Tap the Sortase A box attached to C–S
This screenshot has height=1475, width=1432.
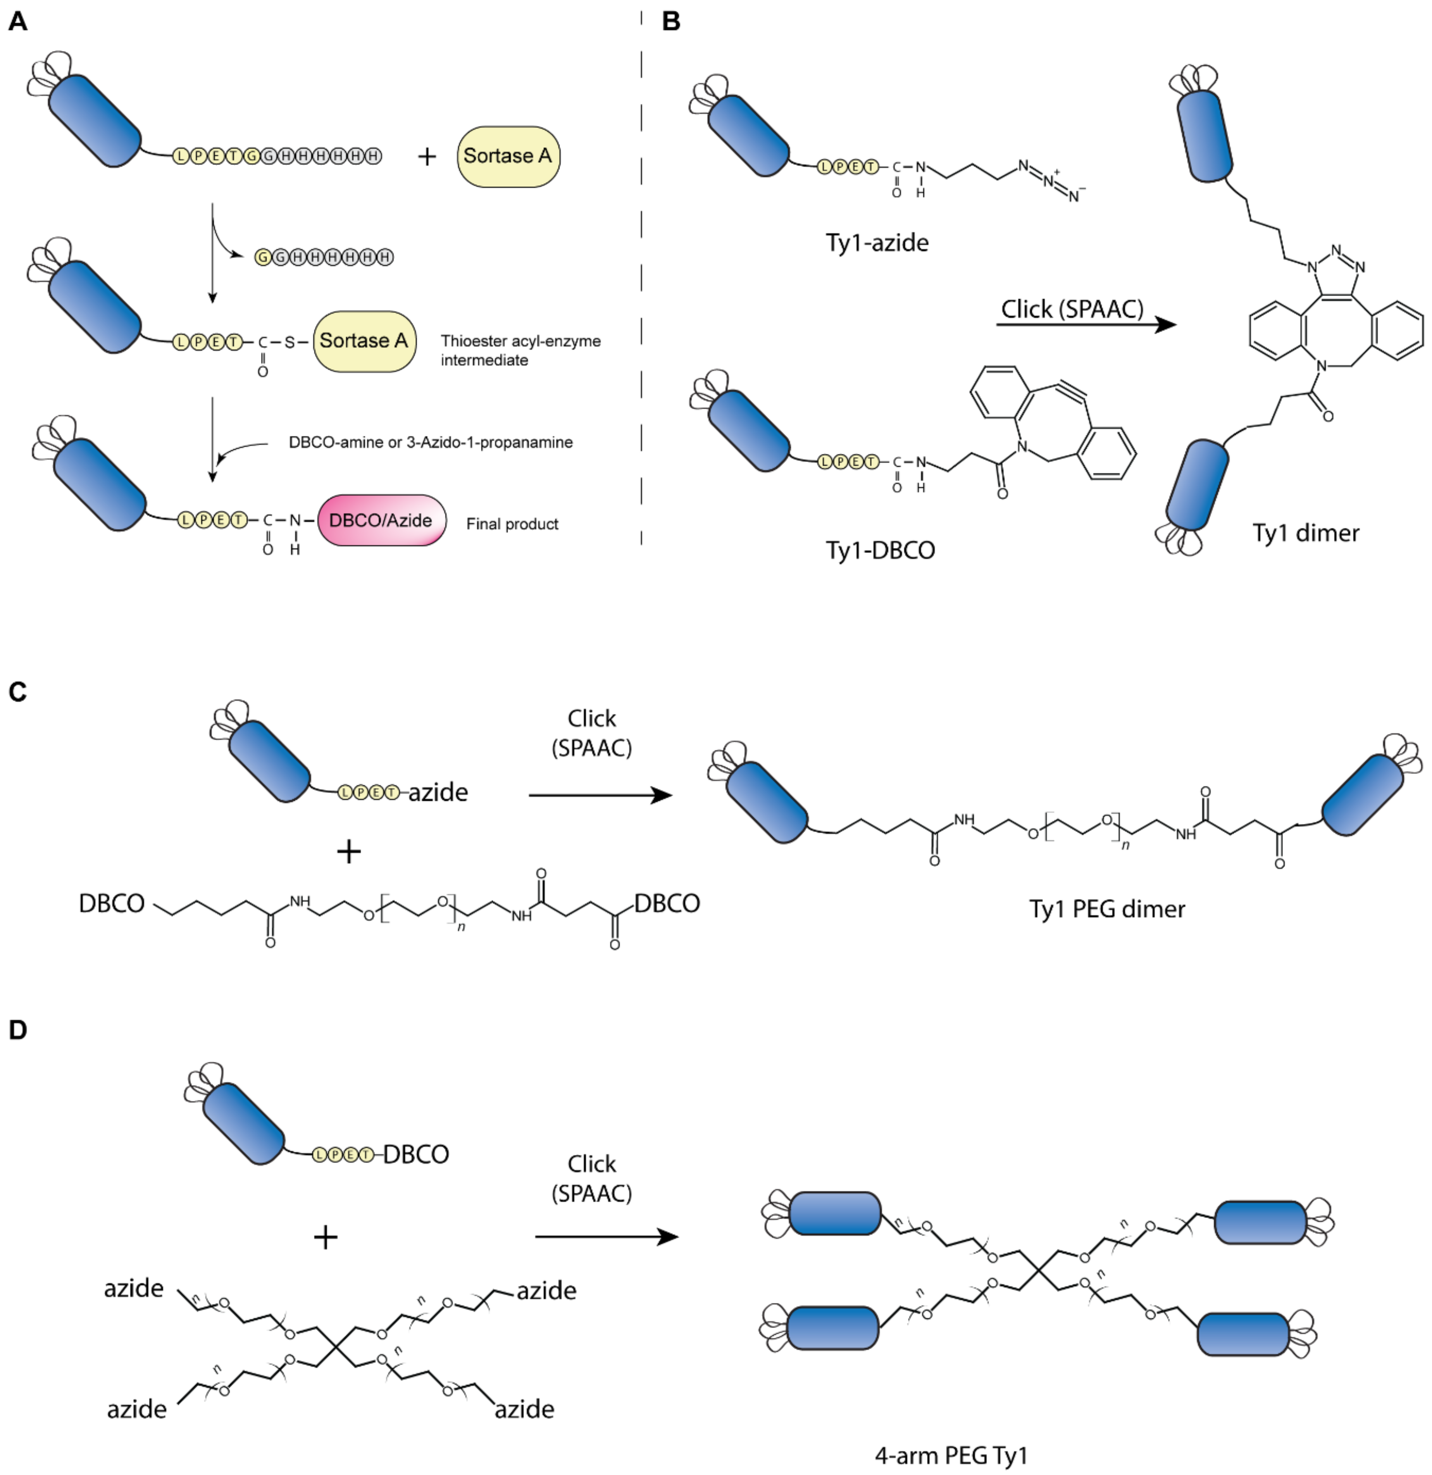pos(364,341)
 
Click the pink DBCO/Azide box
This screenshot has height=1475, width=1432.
pos(381,520)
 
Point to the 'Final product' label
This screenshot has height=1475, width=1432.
pos(512,524)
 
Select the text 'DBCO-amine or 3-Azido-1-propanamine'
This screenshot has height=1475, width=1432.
pos(431,443)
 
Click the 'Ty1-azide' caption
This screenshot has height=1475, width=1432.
pos(877,242)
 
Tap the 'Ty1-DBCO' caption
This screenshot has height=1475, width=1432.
pos(881,550)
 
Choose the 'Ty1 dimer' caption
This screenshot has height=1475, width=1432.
pos(1306,533)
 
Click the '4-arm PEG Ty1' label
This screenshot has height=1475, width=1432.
pos(951,1456)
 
